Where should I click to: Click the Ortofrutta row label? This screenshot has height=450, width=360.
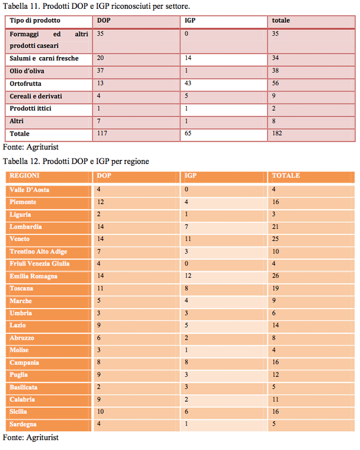coord(25,84)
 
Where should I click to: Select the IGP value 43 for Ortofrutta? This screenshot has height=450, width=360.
coord(188,83)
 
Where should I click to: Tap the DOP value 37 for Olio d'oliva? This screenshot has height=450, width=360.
coord(100,71)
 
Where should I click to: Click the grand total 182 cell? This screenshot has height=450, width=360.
coord(277,133)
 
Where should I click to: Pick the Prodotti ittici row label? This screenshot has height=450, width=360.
coord(30,108)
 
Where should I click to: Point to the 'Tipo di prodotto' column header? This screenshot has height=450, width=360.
coord(35,20)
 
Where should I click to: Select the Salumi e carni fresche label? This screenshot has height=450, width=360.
coord(44,58)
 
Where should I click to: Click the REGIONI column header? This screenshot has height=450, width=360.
coord(24,175)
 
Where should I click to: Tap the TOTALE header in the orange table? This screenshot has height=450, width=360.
coord(286,175)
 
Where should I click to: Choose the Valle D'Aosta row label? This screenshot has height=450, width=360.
coord(29,190)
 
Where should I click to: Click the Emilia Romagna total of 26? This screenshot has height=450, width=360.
coord(276,276)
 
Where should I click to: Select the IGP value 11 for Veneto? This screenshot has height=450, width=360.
coord(188,239)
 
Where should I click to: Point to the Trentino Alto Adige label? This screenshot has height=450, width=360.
coord(38,251)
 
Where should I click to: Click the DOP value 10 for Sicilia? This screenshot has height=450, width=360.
coord(100,412)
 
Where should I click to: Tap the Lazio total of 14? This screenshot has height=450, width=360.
coord(276,325)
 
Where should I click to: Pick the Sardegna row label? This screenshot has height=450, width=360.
coord(23,424)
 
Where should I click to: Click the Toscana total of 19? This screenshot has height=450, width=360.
coord(276,288)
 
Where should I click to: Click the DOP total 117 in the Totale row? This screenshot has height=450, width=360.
coord(102,133)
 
